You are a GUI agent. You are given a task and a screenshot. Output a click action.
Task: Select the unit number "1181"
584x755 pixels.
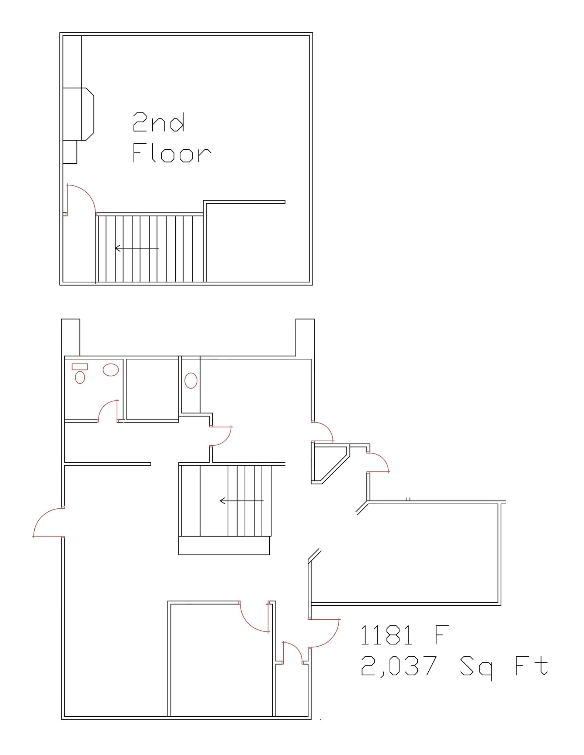pyautogui.click(x=386, y=635)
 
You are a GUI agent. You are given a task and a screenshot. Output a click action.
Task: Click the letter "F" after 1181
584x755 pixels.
pyautogui.click(x=442, y=635)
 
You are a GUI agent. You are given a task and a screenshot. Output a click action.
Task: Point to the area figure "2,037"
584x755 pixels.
pyautogui.click(x=398, y=666)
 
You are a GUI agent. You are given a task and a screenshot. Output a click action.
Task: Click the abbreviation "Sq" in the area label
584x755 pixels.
pyautogui.click(x=476, y=668)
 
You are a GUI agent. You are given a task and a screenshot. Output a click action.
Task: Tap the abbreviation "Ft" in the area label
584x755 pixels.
pyautogui.click(x=531, y=666)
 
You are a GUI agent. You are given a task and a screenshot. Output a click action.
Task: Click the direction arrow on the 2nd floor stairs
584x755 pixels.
pyautogui.click(x=137, y=248)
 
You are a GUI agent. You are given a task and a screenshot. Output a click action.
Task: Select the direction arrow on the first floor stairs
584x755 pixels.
pyautogui.click(x=242, y=501)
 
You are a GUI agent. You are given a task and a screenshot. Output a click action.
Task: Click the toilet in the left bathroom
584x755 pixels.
pyautogui.click(x=80, y=377)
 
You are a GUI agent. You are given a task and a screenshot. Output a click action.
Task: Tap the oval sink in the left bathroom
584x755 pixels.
pyautogui.click(x=111, y=370)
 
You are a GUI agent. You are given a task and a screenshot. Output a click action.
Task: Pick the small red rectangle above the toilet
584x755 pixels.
pyautogui.click(x=80, y=366)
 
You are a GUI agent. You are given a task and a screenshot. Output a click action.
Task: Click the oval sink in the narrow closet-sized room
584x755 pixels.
pyautogui.click(x=191, y=380)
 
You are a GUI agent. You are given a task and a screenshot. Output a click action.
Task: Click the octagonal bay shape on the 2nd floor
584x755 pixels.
pyautogui.click(x=87, y=114)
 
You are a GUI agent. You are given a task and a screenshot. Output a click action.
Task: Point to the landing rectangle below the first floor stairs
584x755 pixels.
pyautogui.click(x=224, y=545)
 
